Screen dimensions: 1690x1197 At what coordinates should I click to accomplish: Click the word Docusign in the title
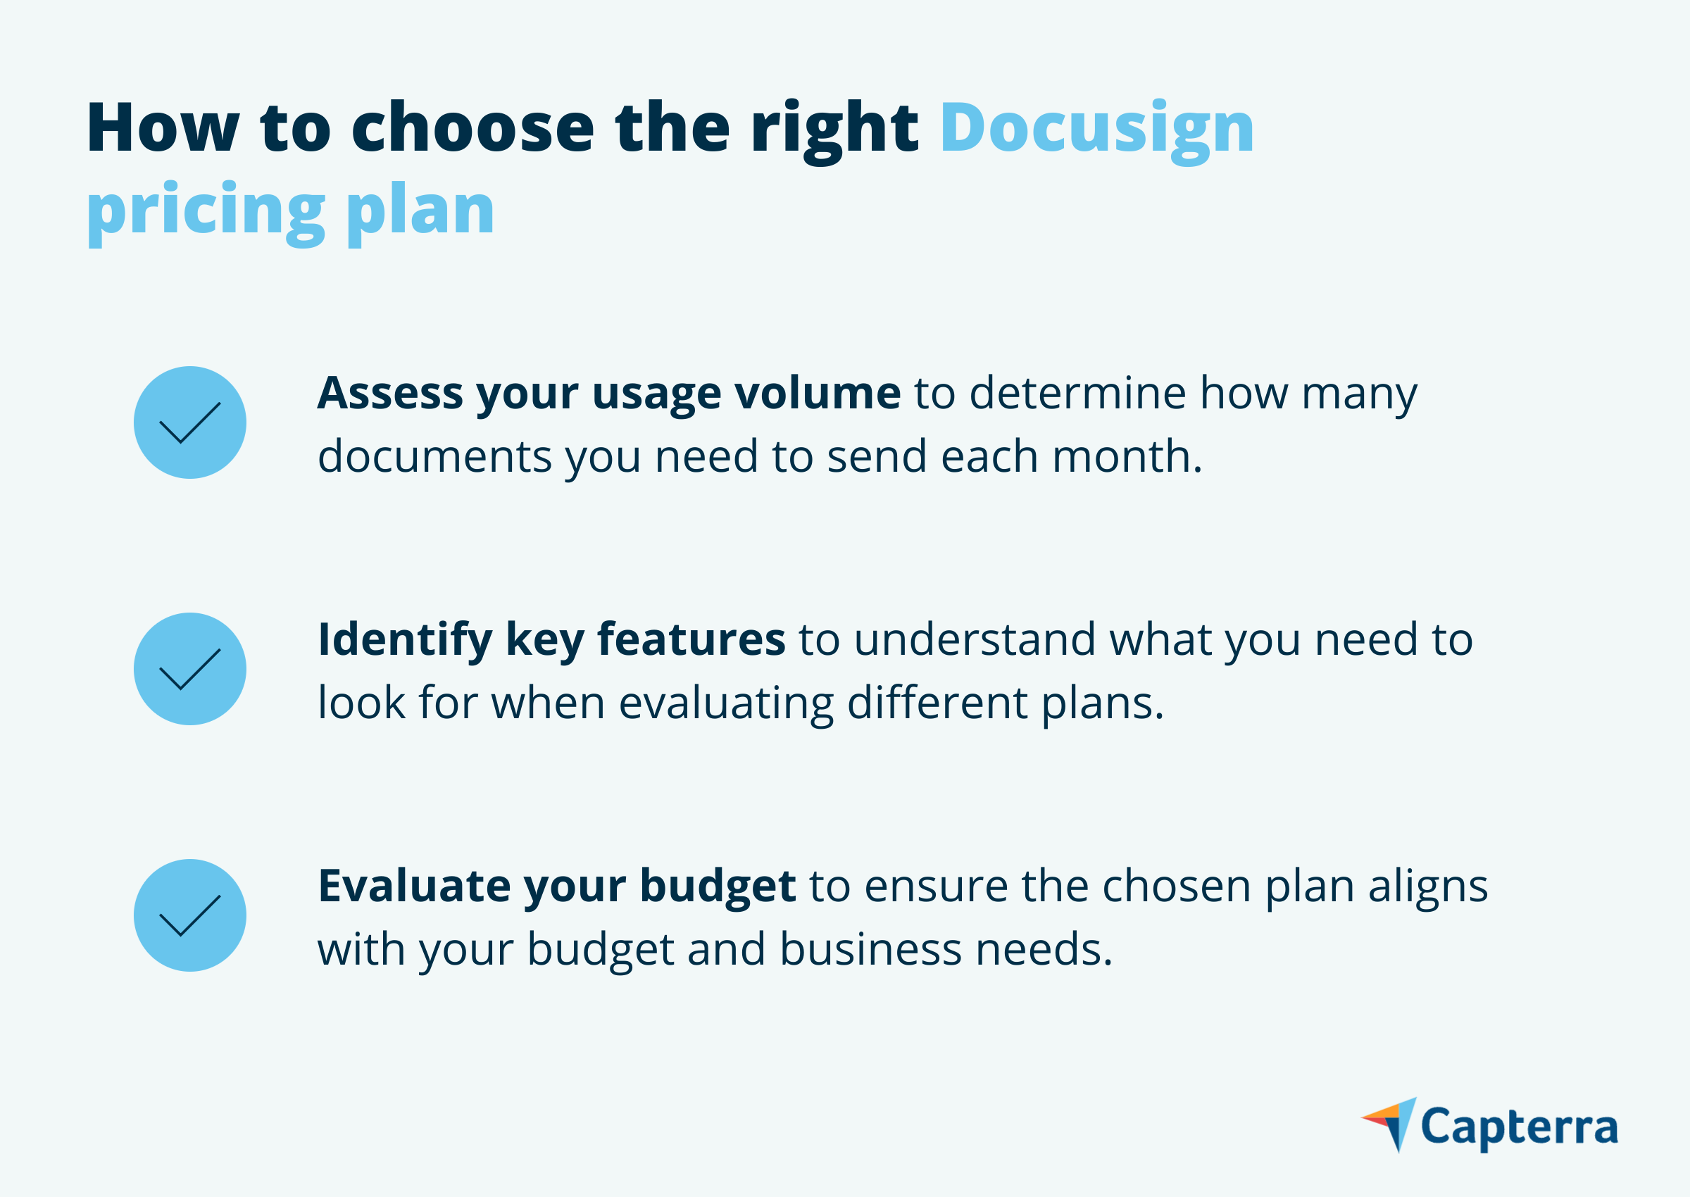pyautogui.click(x=1096, y=131)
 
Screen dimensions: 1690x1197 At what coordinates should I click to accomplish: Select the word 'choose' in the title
pyautogui.click(x=472, y=127)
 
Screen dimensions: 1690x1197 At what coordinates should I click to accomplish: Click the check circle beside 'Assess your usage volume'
pyautogui.click(x=190, y=422)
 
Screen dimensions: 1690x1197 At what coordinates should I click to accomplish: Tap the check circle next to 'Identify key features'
pyautogui.click(x=190, y=668)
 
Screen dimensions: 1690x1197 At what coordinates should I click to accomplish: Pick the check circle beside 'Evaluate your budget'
pyautogui.click(x=190, y=915)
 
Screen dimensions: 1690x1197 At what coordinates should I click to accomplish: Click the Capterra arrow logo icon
pyautogui.click(x=1390, y=1124)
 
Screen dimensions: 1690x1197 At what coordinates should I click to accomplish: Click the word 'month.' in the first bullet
pyautogui.click(x=1127, y=456)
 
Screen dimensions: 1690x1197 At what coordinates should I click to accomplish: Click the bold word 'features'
pyautogui.click(x=691, y=639)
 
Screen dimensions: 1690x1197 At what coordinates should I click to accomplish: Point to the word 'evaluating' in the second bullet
pyautogui.click(x=726, y=705)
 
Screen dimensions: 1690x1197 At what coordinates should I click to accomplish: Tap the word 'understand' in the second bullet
pyautogui.click(x=975, y=639)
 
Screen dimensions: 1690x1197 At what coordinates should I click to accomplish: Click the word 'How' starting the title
pyautogui.click(x=163, y=127)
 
